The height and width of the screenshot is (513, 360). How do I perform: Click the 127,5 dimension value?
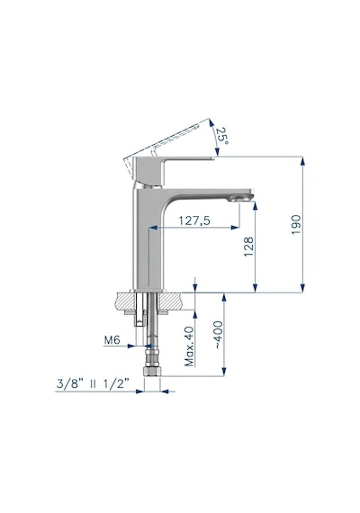pos(194,220)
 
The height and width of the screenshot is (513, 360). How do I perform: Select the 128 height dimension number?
pos(248,247)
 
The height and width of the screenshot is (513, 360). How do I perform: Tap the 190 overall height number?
pos(296,224)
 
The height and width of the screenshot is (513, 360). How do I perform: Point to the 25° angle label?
pos(222,135)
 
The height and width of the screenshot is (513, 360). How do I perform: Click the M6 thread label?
pos(112,340)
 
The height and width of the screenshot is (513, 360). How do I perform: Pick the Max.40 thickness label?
pos(189,346)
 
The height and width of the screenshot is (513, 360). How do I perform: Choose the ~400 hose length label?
pos(219,335)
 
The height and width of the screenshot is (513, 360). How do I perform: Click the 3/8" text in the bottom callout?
pos(67,383)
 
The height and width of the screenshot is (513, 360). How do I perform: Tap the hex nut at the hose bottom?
pos(152,372)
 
